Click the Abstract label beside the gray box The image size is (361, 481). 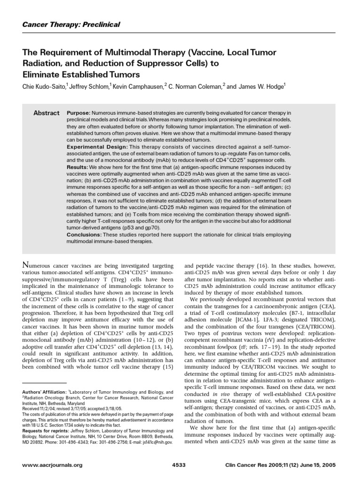[47, 113]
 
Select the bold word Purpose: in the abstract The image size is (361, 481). [78, 113]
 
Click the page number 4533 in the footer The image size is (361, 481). [180, 465]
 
